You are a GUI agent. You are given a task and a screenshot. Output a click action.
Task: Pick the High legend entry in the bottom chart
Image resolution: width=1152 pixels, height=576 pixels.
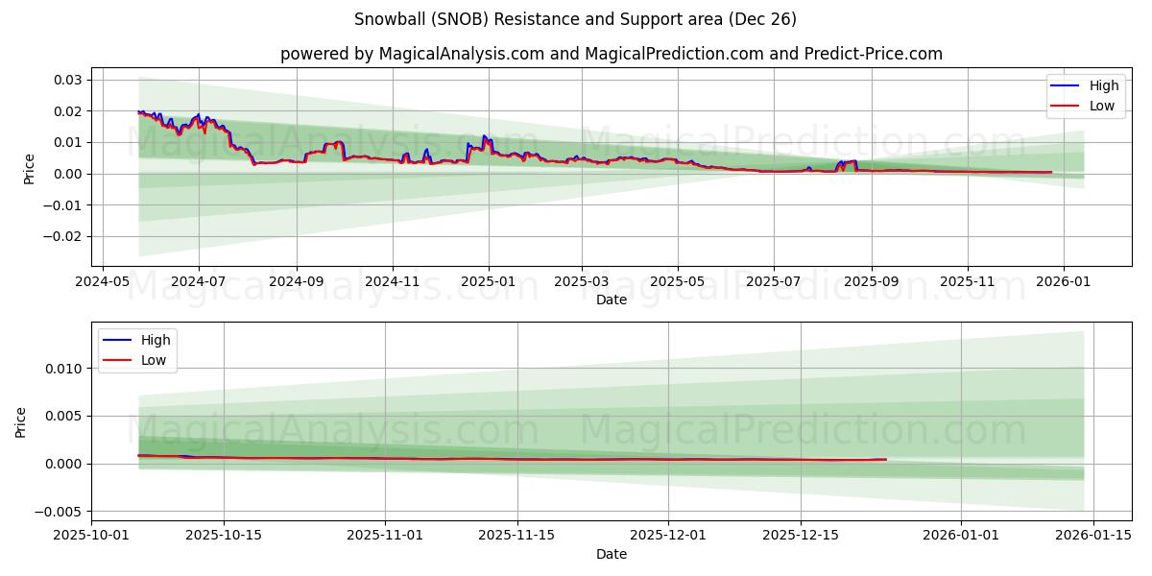(156, 340)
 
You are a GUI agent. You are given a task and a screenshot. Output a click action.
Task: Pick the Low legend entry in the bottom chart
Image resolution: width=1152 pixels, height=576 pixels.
(154, 360)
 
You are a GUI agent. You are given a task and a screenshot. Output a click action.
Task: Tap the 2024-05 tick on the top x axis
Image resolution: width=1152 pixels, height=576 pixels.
(103, 283)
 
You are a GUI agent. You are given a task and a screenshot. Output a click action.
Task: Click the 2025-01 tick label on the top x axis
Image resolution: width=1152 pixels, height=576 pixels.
(489, 283)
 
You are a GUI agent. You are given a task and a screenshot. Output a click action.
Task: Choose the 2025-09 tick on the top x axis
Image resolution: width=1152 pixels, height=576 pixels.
(872, 283)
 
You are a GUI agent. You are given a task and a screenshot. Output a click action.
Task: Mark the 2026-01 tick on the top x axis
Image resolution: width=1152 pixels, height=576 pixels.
(1064, 283)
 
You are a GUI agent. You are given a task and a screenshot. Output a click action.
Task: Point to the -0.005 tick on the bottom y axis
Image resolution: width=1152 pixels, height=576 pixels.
(60, 512)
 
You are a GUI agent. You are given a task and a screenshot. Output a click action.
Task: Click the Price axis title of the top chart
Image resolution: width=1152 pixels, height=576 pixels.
(29, 169)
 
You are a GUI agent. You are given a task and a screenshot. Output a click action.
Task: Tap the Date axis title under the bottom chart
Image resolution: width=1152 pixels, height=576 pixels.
(611, 554)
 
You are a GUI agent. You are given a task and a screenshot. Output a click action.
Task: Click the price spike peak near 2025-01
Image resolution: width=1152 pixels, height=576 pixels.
(484, 136)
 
